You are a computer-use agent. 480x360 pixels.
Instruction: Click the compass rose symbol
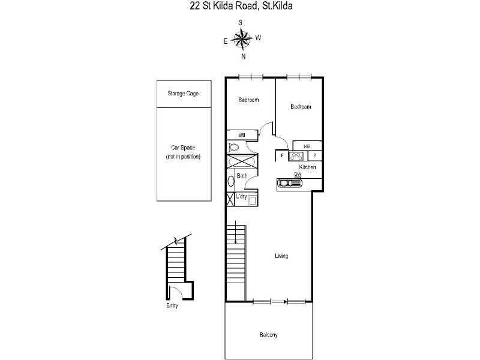click(242, 39)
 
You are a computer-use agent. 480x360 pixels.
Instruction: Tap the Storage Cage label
click(183, 94)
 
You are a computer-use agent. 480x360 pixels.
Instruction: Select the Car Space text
click(183, 148)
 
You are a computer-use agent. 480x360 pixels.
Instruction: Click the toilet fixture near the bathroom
click(233, 147)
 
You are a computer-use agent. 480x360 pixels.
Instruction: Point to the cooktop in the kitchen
click(296, 156)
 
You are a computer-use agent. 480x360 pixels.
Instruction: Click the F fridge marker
click(282, 155)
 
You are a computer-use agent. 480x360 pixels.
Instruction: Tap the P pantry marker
click(314, 156)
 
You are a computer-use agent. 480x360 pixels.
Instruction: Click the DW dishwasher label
click(298, 174)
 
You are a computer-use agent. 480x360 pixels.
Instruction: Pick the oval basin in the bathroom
click(231, 181)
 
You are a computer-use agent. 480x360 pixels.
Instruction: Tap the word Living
click(281, 256)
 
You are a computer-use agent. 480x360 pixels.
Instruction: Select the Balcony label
click(268, 335)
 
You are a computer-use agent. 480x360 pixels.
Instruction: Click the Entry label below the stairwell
click(172, 305)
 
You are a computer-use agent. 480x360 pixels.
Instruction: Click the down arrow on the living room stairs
click(235, 232)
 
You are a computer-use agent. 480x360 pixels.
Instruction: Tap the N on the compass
click(244, 56)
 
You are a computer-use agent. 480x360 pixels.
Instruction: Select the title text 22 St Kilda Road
click(223, 6)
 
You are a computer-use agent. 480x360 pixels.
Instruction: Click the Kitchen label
click(307, 167)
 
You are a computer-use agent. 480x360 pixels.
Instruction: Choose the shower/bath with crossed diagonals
click(242, 161)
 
